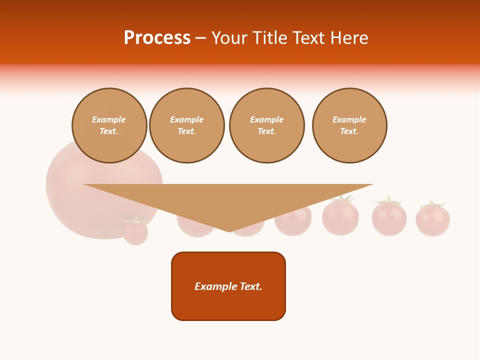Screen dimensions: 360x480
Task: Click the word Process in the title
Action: (x=157, y=38)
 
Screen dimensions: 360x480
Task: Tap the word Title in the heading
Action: (x=272, y=38)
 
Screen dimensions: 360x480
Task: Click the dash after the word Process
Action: (x=200, y=38)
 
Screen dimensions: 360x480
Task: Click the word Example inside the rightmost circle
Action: (x=349, y=119)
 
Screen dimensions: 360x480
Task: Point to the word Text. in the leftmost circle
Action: (x=109, y=131)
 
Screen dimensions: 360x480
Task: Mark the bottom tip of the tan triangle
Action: (x=229, y=231)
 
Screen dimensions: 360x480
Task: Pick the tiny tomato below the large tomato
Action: (x=135, y=232)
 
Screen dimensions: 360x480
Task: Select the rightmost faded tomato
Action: (x=432, y=221)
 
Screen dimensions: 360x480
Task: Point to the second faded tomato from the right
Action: (x=389, y=219)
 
